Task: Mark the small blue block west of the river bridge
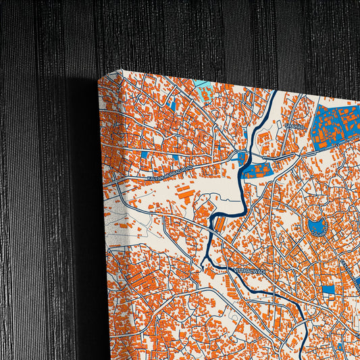(242, 159)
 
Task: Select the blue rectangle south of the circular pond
(328, 290)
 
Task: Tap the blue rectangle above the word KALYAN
(145, 155)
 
